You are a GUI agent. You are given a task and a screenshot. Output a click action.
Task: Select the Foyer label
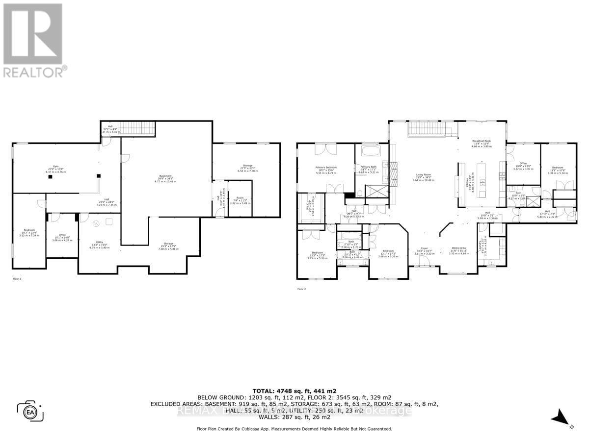coord(418,250)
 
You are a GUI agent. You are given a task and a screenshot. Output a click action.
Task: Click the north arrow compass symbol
coord(561,418)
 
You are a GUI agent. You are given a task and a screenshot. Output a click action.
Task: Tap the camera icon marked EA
coord(30,411)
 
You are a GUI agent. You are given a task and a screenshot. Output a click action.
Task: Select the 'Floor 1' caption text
coord(17,278)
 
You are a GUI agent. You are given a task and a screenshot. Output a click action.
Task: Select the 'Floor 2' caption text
coord(301,289)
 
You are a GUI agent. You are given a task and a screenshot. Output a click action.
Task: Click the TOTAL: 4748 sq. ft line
coord(294,391)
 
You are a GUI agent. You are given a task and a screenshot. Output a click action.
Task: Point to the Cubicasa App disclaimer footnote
coord(294,429)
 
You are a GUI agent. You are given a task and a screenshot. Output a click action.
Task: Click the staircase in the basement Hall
coord(137,129)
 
